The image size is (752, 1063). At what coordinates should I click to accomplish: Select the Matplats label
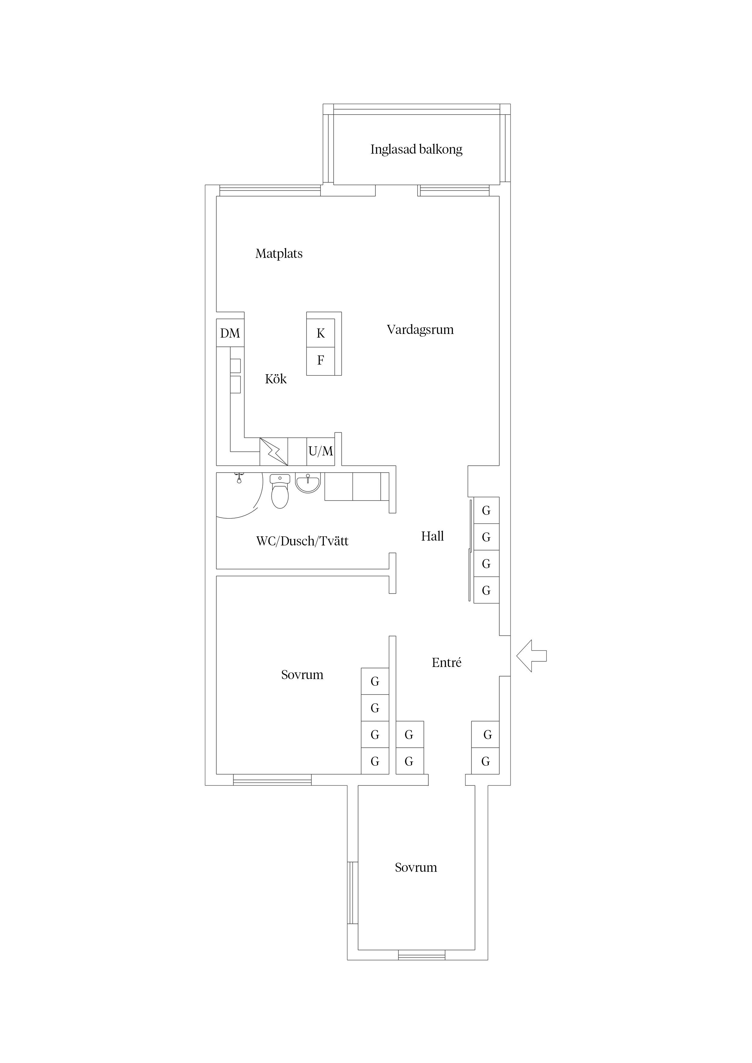[279, 254]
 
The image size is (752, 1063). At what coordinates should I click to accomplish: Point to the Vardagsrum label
[420, 330]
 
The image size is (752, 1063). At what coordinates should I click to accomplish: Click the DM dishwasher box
[230, 333]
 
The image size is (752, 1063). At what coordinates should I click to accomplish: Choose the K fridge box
[321, 333]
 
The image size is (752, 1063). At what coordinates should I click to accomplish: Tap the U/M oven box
[321, 451]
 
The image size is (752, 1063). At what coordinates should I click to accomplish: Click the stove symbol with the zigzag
[274, 452]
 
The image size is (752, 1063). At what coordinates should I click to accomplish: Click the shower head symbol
[239, 478]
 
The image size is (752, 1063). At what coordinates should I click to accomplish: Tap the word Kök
[276, 379]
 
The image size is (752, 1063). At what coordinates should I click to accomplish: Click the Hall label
[432, 536]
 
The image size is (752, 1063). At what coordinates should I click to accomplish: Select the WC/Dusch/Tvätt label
[302, 541]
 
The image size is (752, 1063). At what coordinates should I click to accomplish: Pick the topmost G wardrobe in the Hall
[486, 510]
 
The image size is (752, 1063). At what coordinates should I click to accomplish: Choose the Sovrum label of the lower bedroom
[416, 867]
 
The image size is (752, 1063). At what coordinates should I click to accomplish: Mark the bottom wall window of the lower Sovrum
[422, 954]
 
